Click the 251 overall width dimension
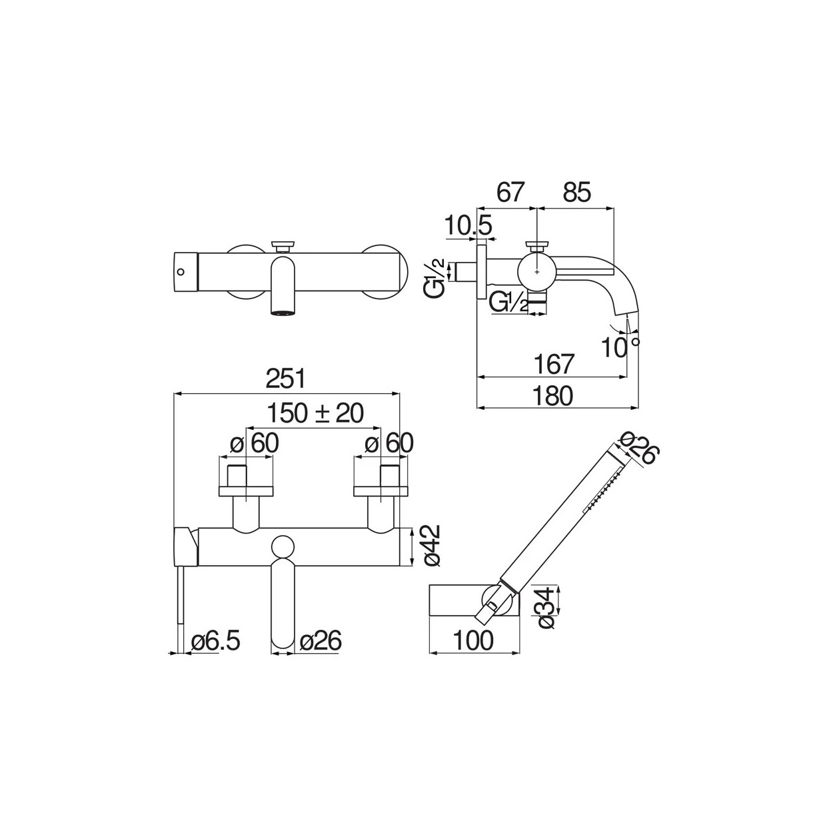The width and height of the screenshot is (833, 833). point(285,379)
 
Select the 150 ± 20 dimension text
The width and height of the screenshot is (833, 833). point(316,413)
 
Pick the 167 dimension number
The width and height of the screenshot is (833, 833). point(554,364)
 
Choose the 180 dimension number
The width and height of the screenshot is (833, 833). point(552,395)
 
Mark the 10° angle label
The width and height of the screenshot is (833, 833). point(620,347)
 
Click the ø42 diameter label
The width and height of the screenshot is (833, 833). point(431,546)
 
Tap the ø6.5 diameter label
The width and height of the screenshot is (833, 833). point(215,640)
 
